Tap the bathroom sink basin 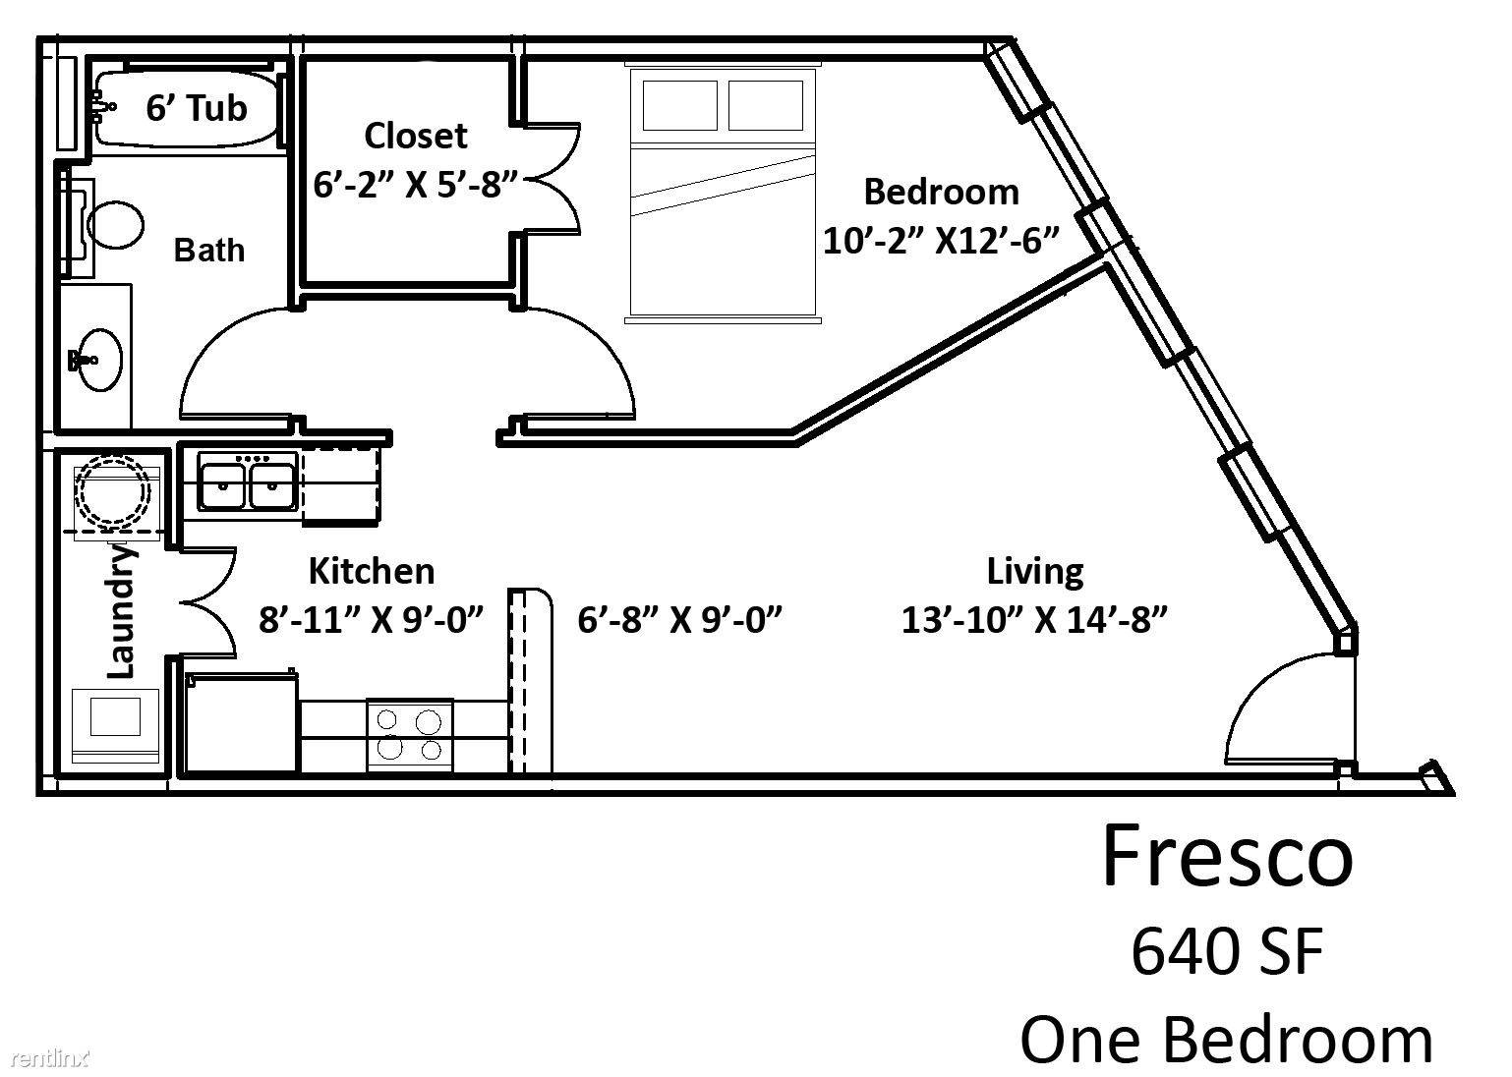[x=99, y=360]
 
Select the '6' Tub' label [x=197, y=108]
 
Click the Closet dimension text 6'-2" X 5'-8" [x=415, y=184]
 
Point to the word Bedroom [x=941, y=192]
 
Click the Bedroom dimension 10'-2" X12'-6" [x=941, y=240]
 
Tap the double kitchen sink [x=247, y=481]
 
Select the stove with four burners [x=410, y=735]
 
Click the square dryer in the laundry [x=115, y=725]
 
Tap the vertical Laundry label [x=122, y=611]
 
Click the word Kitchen [x=372, y=571]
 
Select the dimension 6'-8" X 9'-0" [x=679, y=619]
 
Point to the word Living [x=1035, y=572]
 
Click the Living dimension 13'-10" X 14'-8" [x=1034, y=619]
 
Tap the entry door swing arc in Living [x=1256, y=682]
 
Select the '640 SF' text [x=1227, y=951]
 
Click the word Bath [x=209, y=250]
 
